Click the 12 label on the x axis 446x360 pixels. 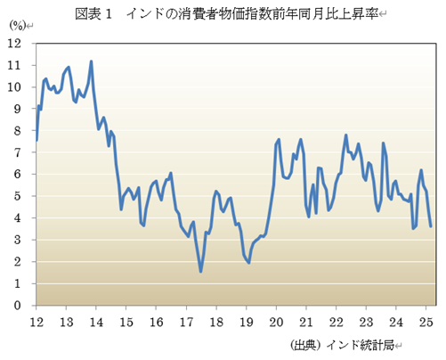(36, 321)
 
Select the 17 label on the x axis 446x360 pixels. (187, 321)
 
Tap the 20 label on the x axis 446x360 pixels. (277, 321)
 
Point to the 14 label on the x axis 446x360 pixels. (96, 321)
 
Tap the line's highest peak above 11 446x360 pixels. (92, 61)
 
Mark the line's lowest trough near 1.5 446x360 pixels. (201, 271)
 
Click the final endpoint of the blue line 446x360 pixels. (431, 226)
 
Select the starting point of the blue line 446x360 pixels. (36, 140)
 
